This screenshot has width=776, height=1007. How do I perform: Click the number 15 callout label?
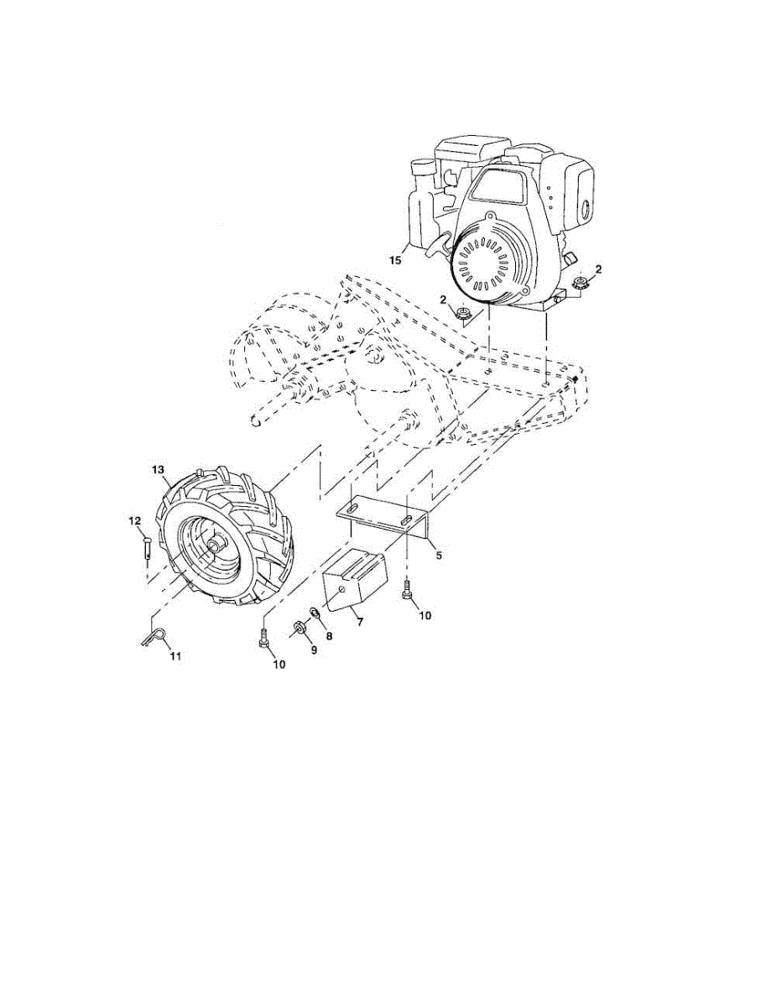click(396, 260)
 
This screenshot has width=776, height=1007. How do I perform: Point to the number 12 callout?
click(134, 521)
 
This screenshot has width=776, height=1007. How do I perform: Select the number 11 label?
click(175, 655)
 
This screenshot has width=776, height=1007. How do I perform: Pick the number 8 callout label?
click(329, 636)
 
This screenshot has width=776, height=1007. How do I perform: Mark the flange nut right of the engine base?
click(579, 284)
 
